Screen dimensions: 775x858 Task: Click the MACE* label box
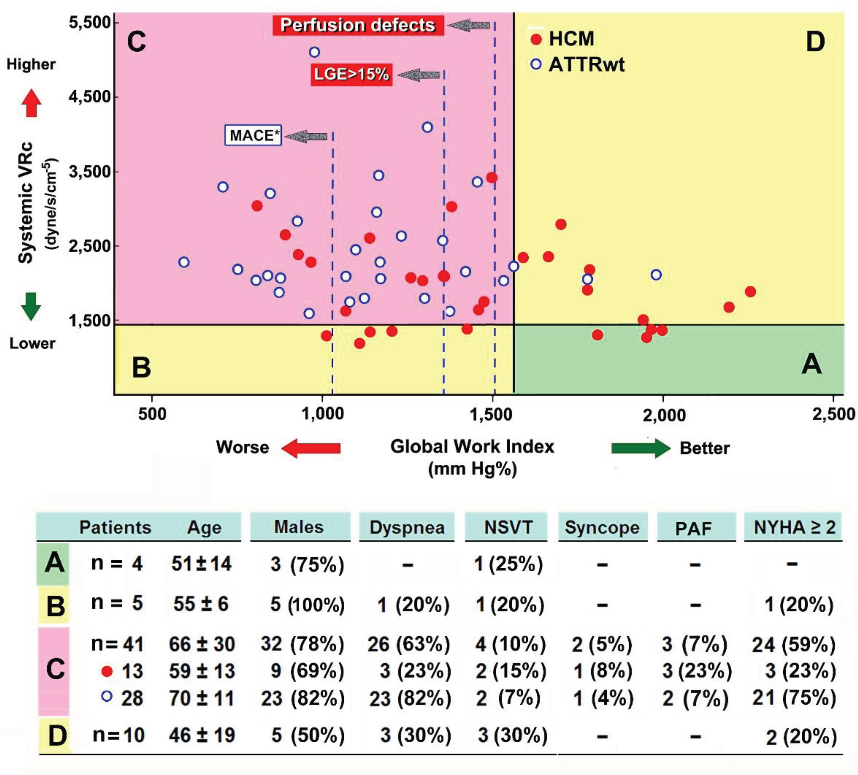(x=253, y=136)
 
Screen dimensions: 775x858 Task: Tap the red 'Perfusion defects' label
(x=358, y=25)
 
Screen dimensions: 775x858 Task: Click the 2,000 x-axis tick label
(x=664, y=415)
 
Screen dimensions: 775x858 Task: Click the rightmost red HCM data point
(x=750, y=292)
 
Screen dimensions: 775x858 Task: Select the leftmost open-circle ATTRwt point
(x=184, y=262)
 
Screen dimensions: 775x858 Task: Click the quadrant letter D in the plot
(x=815, y=42)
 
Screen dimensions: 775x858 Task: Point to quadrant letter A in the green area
(x=811, y=365)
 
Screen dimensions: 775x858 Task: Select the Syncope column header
(x=602, y=527)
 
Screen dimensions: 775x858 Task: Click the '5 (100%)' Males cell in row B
(x=307, y=604)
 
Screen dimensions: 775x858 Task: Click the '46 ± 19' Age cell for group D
(x=202, y=735)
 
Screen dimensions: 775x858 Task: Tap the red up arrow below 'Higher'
(x=31, y=103)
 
